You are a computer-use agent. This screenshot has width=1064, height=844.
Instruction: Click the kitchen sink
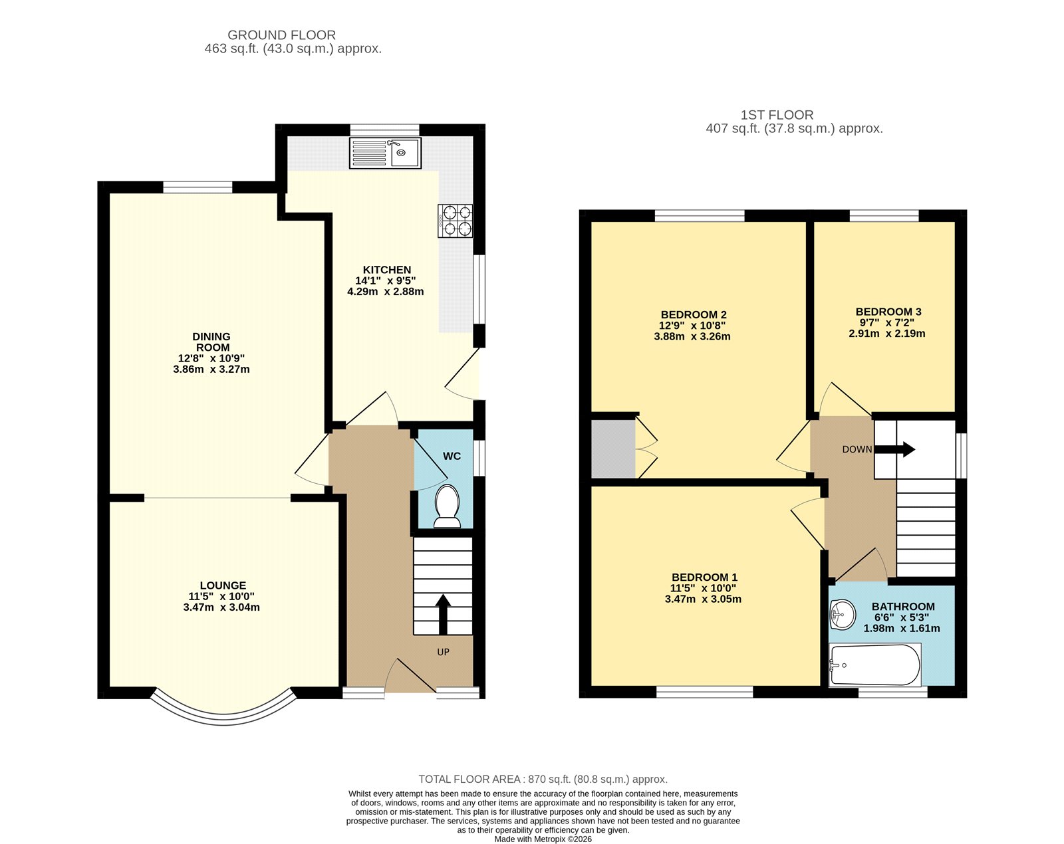pyautogui.click(x=385, y=153)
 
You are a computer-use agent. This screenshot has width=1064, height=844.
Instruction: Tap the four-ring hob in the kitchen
pyautogui.click(x=456, y=221)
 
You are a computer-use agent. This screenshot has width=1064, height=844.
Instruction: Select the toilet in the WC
pyautogui.click(x=447, y=506)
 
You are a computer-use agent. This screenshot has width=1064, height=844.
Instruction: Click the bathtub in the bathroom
pyautogui.click(x=875, y=665)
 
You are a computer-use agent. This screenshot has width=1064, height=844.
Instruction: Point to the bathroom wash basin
pyautogui.click(x=843, y=615)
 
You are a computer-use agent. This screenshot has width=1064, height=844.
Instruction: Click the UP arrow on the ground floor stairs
pyautogui.click(x=443, y=614)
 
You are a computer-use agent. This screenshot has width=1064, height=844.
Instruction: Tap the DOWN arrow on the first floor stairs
pyautogui.click(x=894, y=450)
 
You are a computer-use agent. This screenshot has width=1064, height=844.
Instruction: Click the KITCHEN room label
pyautogui.click(x=386, y=270)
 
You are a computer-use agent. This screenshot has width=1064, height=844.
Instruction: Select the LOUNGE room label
pyautogui.click(x=223, y=585)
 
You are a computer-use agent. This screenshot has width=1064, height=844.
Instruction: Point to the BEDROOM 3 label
pyautogui.click(x=888, y=312)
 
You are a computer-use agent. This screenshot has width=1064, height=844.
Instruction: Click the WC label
pyautogui.click(x=452, y=456)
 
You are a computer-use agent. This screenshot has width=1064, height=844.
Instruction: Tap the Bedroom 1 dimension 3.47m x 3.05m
pyautogui.click(x=703, y=599)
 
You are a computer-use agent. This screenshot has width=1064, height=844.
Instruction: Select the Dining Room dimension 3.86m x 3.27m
pyautogui.click(x=211, y=369)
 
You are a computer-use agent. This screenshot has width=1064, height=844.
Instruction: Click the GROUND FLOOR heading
pyautogui.click(x=281, y=35)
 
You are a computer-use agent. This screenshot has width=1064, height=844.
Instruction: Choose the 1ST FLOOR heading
pyautogui.click(x=777, y=115)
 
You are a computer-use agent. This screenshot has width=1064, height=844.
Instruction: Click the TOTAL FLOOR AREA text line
pyautogui.click(x=543, y=780)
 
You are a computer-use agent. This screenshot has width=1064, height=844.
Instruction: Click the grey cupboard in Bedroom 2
pyautogui.click(x=613, y=449)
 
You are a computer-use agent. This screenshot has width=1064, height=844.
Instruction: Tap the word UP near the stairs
pyautogui.click(x=443, y=652)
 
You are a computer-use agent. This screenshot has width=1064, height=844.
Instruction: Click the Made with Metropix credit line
pyautogui.click(x=543, y=839)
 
